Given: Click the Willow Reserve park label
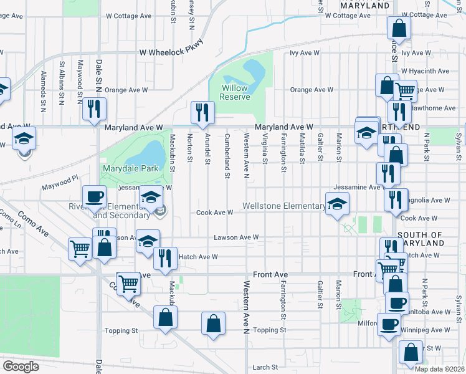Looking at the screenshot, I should [x=235, y=92].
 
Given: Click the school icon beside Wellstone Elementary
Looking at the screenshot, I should [x=337, y=204].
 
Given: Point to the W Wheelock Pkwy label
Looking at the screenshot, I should [x=171, y=52].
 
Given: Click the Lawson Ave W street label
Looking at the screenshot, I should [x=236, y=237].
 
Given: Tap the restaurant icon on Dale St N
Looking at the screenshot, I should [x=94, y=109].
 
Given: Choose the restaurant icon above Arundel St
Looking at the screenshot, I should [x=202, y=112].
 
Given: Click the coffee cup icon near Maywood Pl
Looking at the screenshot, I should [x=95, y=197].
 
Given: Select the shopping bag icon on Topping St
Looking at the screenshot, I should [x=213, y=324].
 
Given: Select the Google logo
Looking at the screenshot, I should [x=21, y=367].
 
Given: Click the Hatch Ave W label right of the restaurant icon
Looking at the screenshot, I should [x=198, y=257].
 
